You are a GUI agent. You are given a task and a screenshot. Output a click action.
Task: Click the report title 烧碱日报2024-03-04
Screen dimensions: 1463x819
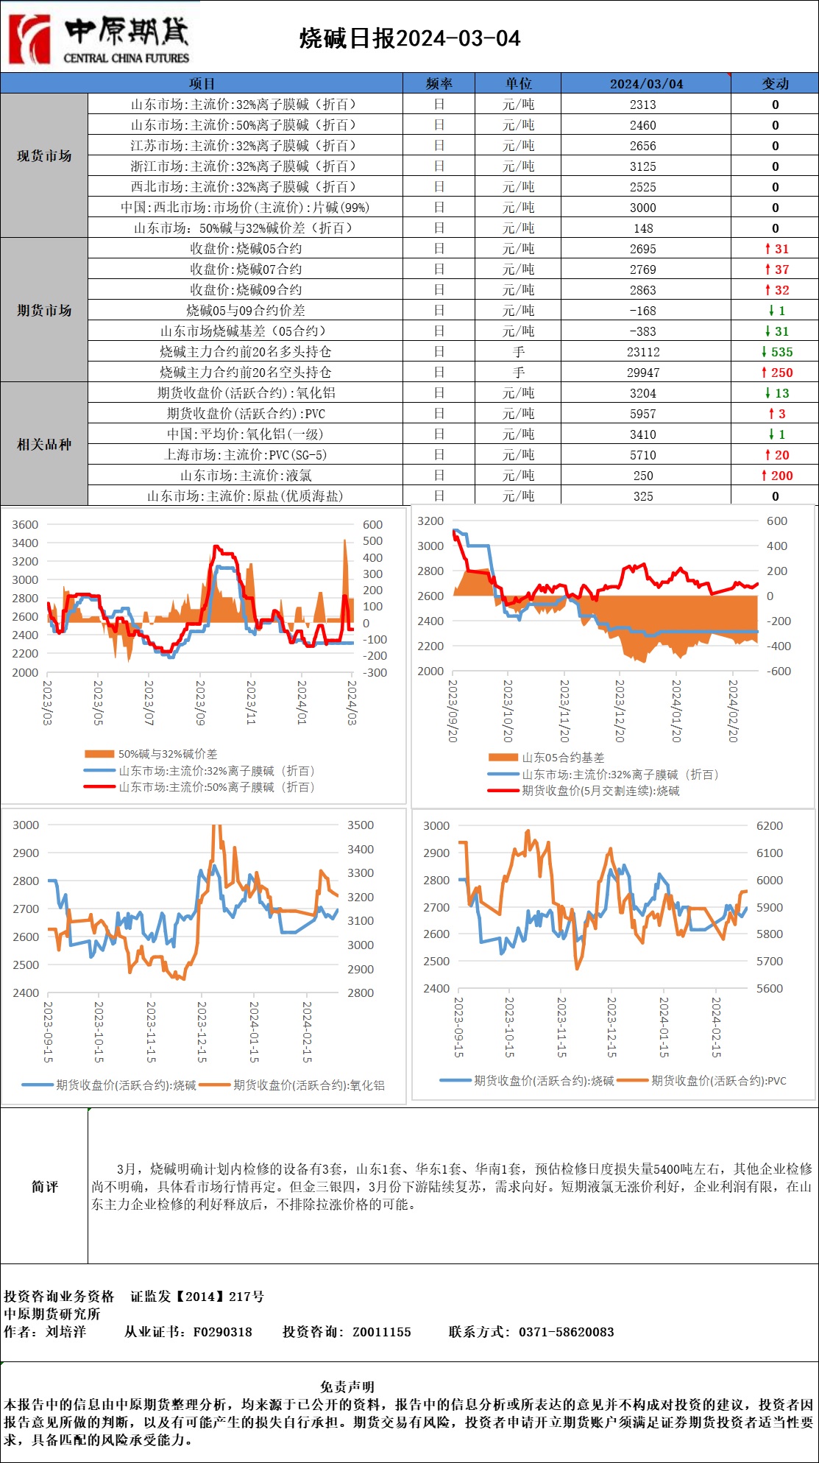click(410, 39)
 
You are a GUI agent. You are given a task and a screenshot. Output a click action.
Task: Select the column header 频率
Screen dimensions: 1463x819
click(439, 83)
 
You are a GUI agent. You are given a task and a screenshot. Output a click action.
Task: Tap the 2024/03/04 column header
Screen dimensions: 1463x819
click(646, 83)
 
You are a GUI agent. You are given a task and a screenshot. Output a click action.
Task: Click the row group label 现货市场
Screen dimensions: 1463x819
click(44, 156)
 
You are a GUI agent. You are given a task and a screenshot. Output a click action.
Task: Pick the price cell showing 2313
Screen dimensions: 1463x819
click(642, 105)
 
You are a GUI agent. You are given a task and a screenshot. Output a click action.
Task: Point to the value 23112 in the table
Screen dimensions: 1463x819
click(642, 352)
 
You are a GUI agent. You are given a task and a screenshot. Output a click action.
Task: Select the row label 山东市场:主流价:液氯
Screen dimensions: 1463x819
click(245, 476)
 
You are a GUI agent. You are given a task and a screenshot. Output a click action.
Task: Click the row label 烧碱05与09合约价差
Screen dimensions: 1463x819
click(245, 311)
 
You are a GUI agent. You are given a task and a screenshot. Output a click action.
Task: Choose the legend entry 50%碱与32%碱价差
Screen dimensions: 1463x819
click(167, 754)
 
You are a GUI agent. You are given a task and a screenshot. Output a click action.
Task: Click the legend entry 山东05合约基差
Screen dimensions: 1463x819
click(563, 758)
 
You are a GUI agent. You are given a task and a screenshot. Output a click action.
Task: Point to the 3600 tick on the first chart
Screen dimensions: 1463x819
click(25, 525)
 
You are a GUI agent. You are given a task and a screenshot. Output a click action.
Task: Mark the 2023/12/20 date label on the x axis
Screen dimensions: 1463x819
click(620, 710)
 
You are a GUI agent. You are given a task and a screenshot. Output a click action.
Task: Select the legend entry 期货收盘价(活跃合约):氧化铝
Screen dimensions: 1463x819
click(308, 1085)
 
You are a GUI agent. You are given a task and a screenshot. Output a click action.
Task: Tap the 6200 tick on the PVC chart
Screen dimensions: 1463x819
click(770, 826)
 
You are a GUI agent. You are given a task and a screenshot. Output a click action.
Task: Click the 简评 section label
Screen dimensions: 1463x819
click(44, 1187)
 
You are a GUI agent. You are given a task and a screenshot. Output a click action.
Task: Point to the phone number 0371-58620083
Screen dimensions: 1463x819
click(566, 1332)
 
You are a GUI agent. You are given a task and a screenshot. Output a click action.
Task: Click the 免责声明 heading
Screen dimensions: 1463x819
click(347, 1387)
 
